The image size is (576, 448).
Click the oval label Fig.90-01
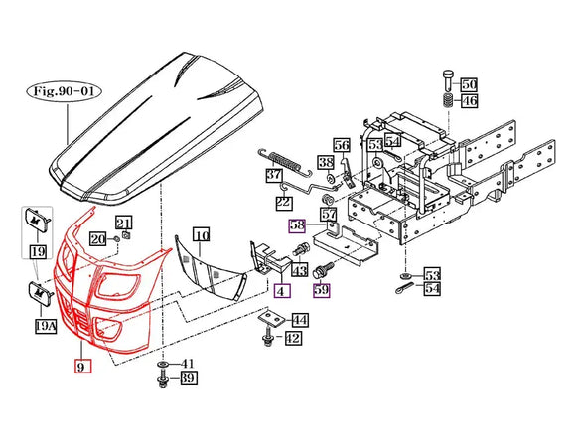[64, 91]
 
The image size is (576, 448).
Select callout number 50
[469, 84]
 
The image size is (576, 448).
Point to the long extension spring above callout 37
[285, 161]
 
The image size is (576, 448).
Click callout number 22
[284, 202]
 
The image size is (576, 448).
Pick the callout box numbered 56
[342, 146]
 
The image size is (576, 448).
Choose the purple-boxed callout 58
[297, 224]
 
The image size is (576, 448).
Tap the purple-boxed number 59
[322, 290]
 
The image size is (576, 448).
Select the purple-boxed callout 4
[282, 291]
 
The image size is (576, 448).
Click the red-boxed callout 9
[82, 366]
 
